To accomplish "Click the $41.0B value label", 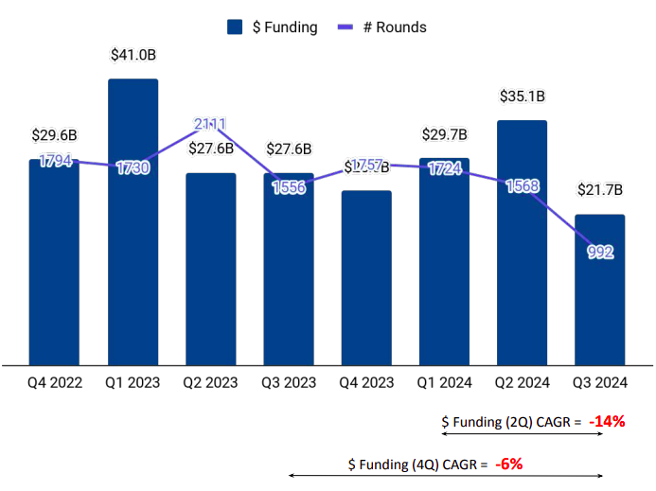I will click(x=133, y=56).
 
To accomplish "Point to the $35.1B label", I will click(x=523, y=96).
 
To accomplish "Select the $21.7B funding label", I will click(x=600, y=190).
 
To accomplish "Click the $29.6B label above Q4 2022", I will click(x=55, y=136).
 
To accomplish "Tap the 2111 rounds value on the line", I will click(x=210, y=125).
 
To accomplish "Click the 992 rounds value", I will click(x=600, y=252).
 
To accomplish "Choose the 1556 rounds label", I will click(x=289, y=187).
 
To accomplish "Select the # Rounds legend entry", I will click(x=382, y=27).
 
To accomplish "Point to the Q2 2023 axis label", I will click(x=210, y=383).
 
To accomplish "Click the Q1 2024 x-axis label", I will click(x=444, y=383).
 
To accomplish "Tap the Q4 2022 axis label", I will click(x=55, y=383).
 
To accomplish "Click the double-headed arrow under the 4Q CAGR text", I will click(x=445, y=476).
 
